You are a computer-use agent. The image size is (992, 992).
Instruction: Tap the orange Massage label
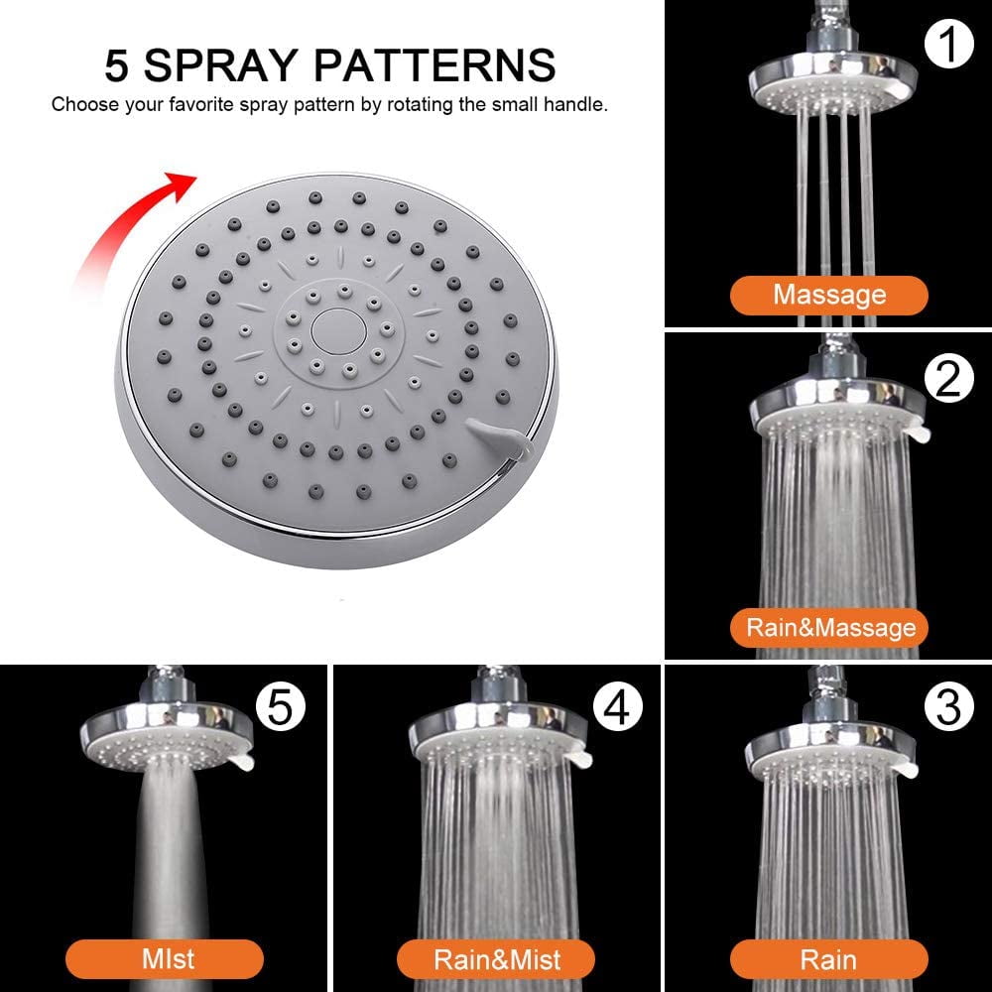828,295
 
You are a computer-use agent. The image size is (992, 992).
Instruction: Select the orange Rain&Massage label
829,628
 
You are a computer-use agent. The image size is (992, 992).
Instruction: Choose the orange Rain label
828,959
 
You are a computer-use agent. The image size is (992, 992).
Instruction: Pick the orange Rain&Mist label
496,959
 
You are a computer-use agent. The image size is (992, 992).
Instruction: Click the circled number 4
616,706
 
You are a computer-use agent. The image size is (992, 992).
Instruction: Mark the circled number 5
282,706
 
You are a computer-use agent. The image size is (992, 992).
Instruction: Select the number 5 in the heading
118,64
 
